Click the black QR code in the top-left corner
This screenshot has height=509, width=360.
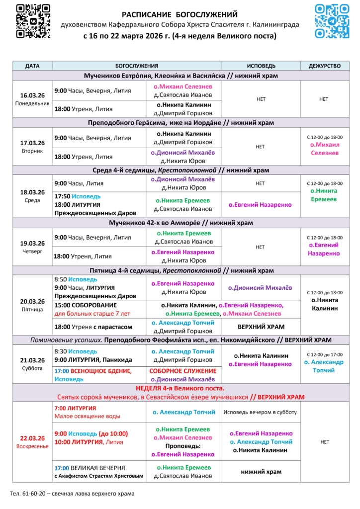33,21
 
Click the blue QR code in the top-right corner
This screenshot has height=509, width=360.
332,21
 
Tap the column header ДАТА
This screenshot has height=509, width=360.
32,66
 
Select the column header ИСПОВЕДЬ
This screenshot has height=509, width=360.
261,66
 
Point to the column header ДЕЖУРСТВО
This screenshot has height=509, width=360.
324,66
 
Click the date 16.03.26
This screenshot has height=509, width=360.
32,95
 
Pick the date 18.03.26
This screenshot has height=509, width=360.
32,192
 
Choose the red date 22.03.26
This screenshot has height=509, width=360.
32,438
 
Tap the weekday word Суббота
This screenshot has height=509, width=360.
32,368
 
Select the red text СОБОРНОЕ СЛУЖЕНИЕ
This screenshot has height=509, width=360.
183,371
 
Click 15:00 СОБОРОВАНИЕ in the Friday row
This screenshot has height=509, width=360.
86,305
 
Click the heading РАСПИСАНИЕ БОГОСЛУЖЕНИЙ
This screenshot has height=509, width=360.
180,14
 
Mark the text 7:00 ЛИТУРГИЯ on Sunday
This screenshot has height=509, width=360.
75,408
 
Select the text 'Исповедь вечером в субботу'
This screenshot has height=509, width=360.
260,412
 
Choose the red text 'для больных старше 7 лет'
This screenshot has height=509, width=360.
92,314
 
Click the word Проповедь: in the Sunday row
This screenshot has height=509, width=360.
183,446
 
